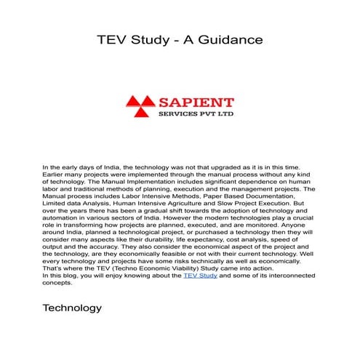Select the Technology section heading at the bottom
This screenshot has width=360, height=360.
pyautogui.click(x=73, y=308)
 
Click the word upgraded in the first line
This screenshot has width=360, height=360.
pyautogui.click(x=223, y=167)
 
